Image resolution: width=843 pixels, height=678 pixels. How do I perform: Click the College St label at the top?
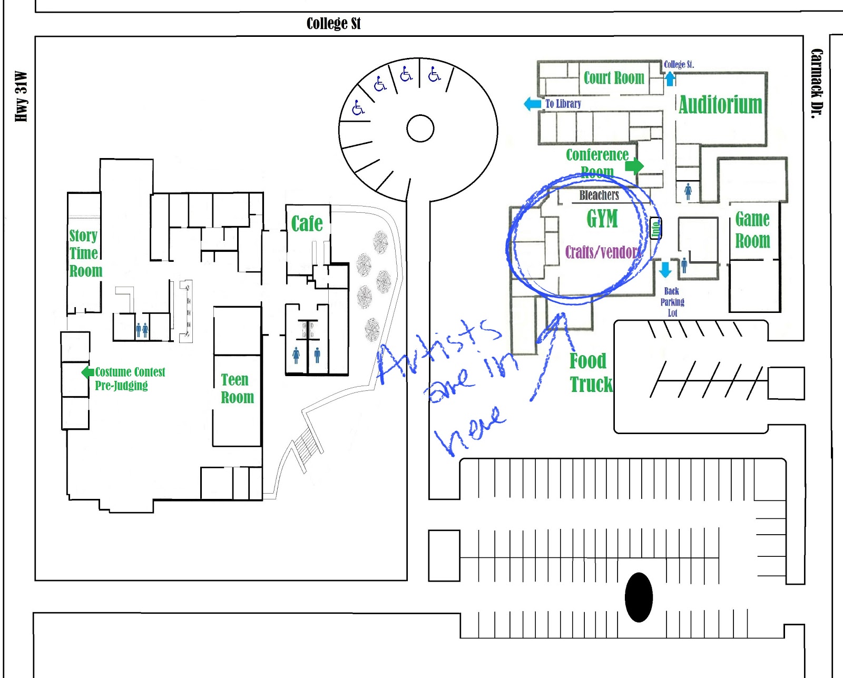tap(334, 24)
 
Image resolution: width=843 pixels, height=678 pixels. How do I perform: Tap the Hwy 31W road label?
tap(21, 96)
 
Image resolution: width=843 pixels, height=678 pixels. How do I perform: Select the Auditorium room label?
tap(720, 105)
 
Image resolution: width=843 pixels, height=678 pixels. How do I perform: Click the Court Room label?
tap(614, 78)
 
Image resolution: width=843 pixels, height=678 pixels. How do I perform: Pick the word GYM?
tap(602, 219)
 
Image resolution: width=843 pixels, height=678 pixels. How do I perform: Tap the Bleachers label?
tap(599, 195)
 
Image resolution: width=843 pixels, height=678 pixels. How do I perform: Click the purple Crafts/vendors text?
tap(603, 252)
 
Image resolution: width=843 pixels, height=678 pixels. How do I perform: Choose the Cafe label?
tap(307, 224)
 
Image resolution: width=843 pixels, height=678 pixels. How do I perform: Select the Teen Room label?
tap(237, 388)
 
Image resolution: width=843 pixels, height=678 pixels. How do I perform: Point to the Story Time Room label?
tap(85, 253)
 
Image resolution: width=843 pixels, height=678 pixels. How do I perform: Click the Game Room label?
tap(752, 230)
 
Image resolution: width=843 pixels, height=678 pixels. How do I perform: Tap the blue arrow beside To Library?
tap(533, 104)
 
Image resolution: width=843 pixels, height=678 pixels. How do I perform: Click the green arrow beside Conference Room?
tap(634, 166)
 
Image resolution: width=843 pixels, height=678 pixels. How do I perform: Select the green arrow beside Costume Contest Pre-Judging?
tap(87, 372)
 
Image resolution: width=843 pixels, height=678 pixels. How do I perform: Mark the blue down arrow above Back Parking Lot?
tap(665, 269)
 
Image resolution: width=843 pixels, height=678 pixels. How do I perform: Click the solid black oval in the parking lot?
tap(639, 597)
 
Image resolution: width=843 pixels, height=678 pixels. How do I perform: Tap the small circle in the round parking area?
tap(420, 129)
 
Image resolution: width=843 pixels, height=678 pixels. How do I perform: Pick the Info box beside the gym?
tap(655, 229)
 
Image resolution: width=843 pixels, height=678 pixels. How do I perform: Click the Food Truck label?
tap(591, 373)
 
